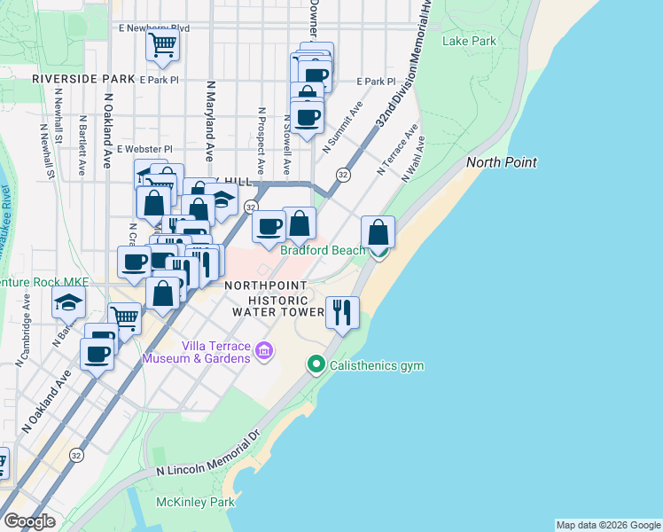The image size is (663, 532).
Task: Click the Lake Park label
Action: click(470, 41)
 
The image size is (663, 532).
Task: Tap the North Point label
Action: click(502, 161)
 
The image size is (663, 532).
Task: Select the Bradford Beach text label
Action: click(323, 250)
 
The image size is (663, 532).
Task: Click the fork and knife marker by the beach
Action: click(342, 312)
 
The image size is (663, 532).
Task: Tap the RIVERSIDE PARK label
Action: click(70, 79)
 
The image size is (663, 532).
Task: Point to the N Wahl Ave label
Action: click(413, 160)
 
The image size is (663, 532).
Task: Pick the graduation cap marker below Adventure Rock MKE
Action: click(68, 304)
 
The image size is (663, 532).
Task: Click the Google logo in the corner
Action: click(29, 520)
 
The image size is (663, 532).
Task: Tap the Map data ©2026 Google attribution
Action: click(608, 525)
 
